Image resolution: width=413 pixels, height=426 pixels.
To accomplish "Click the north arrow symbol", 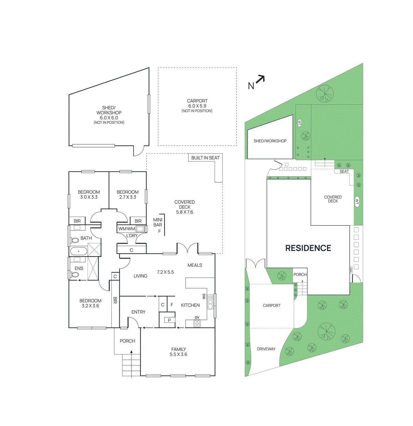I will coord(260,79).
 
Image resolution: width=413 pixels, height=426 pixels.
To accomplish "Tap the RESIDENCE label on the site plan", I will coord(308,248).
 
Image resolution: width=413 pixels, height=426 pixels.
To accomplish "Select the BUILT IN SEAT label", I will coord(205,158).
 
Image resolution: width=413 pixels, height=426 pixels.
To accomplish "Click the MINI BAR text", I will coord(158,222).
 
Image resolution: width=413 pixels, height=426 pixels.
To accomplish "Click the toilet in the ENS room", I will coord(75,275).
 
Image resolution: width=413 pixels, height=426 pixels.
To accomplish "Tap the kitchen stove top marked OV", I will coord(197,324).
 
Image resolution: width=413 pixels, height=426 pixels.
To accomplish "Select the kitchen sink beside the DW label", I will coord(210,302).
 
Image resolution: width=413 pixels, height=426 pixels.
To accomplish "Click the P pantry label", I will coord(169,320).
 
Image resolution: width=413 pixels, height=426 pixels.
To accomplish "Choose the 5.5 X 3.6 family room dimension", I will coord(178,354).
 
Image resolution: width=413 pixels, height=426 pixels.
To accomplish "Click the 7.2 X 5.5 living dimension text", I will coord(165,272).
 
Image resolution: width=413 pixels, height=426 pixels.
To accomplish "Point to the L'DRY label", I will coord(132,235).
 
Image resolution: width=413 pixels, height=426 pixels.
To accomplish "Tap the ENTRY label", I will coord(138,312).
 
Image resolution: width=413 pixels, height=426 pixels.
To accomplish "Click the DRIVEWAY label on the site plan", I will coord(266,349).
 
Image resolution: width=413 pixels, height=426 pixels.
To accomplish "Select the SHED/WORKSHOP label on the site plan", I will coord(270,141).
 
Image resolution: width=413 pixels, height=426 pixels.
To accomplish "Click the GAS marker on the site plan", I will coord(351,270).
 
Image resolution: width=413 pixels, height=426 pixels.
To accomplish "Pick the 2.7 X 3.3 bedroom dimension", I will coord(128,197).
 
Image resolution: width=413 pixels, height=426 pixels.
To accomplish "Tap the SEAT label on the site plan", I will coord(344,172).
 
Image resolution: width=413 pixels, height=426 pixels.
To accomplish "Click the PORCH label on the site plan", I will coord(300,275).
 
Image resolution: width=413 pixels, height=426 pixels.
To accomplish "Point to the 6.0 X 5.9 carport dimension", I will coord(197,106).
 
